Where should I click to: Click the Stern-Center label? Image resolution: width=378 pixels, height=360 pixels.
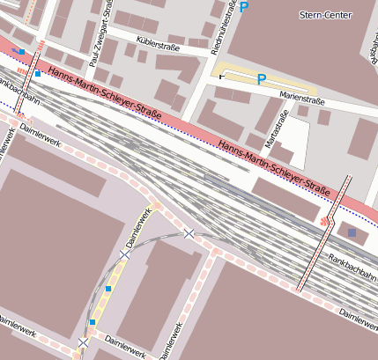325,16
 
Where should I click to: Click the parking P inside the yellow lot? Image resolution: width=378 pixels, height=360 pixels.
261,79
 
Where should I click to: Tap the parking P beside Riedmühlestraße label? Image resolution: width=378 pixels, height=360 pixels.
244,7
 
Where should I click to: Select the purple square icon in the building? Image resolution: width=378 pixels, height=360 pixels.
352,232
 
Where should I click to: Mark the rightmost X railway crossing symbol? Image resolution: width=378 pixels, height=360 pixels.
189,233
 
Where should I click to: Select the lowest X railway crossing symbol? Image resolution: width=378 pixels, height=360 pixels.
83,342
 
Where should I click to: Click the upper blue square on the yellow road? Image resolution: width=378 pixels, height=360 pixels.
108,289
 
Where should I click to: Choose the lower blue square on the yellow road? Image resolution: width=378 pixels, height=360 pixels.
92,322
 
